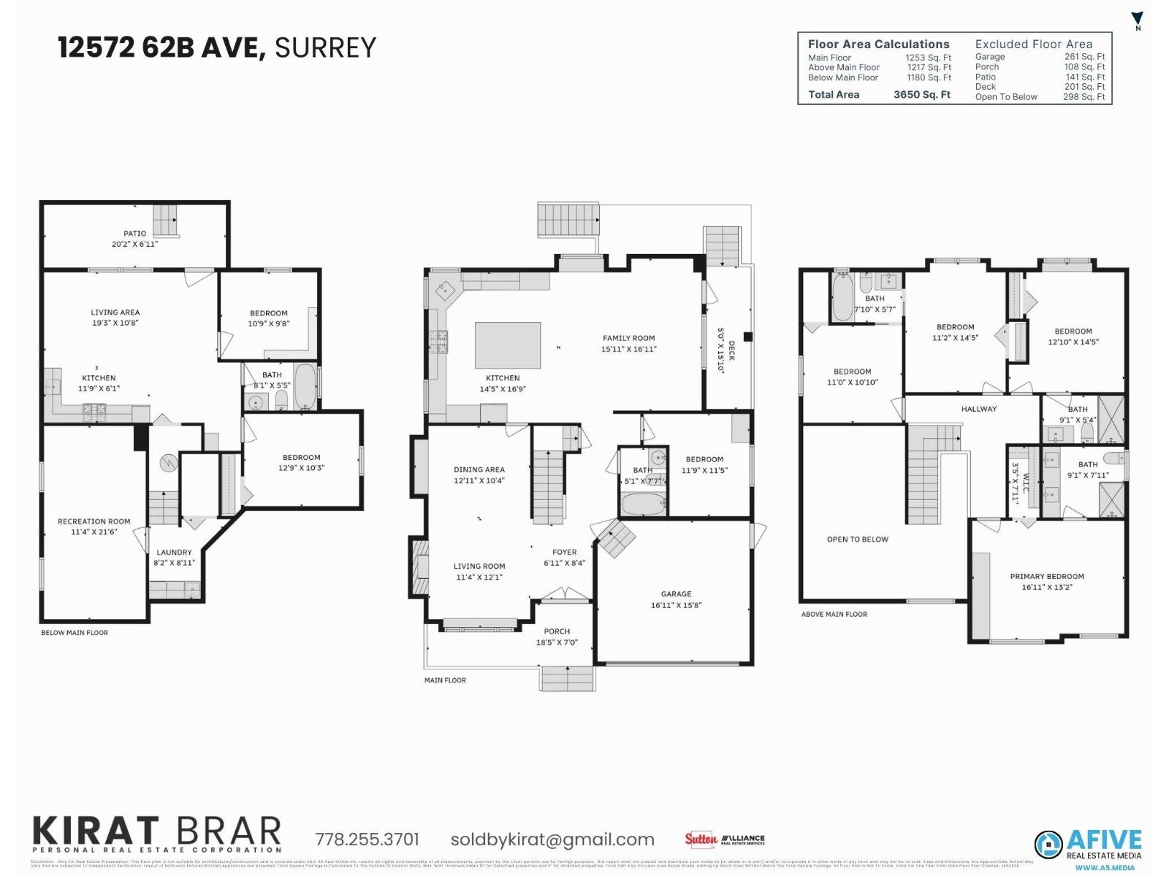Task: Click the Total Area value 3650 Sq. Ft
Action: (921, 95)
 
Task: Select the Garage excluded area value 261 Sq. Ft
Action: (1084, 57)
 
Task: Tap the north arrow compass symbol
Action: (1137, 20)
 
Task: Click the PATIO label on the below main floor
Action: (134, 234)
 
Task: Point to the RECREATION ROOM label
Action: (94, 521)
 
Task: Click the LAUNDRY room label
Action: (174, 553)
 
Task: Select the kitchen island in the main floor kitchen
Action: (508, 345)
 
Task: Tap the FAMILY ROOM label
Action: (628, 338)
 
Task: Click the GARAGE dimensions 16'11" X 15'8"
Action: (676, 605)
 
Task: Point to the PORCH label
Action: (557, 631)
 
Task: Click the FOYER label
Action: (564, 553)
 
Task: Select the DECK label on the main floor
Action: (731, 351)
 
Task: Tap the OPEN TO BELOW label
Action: (857, 539)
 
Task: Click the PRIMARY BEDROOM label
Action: (1046, 577)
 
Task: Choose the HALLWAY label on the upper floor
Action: (978, 409)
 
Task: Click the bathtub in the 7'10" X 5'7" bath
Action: (842, 296)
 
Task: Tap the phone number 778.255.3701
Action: (367, 839)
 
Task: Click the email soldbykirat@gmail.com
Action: (552, 839)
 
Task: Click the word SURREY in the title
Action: (325, 48)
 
